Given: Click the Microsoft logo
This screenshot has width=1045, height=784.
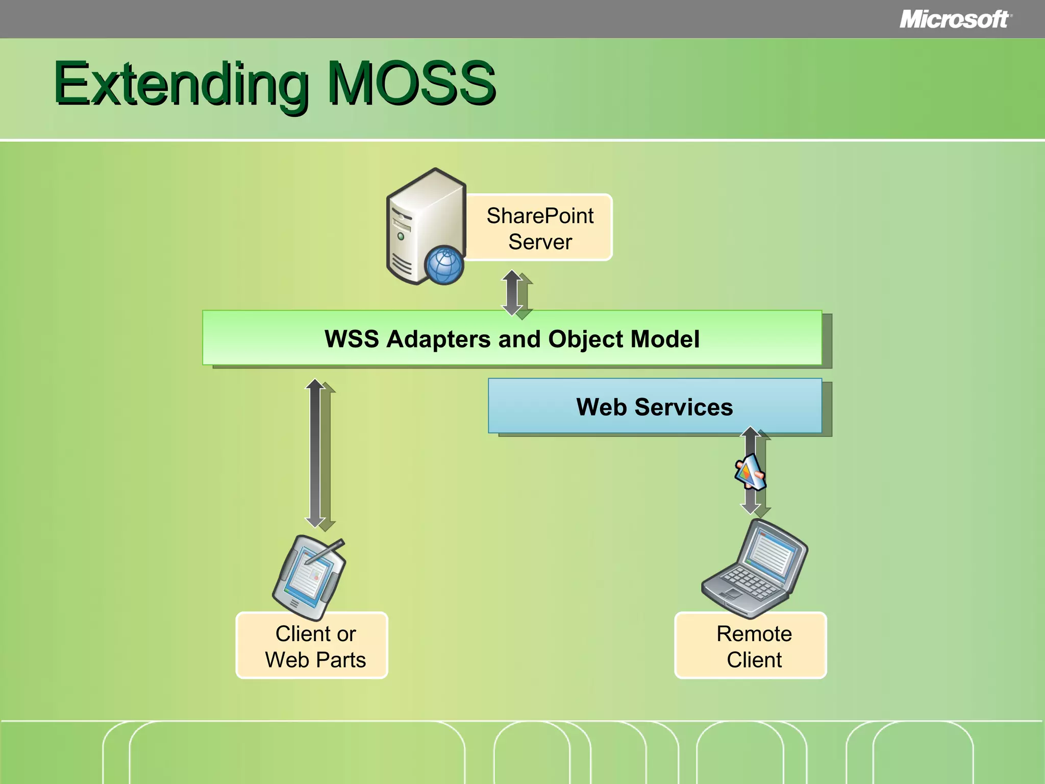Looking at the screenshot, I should pos(954,19).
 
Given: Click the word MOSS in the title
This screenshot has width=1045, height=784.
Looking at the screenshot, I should pos(411,83).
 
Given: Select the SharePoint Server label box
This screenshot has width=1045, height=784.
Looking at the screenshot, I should pos(540,228).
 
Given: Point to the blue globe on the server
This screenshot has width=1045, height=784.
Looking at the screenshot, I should pos(444,265).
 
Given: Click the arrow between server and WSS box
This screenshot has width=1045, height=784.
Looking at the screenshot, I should pos(513,292).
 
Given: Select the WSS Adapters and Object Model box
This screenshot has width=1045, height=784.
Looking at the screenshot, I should pos(512,338).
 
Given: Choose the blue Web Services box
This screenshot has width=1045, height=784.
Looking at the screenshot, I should pos(655,406).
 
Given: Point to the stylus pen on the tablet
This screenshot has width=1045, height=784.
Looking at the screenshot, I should pos(327,551).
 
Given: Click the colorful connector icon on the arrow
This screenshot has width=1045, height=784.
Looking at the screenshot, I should pos(749,473).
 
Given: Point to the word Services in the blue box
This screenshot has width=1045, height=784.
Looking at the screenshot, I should pos(684,407).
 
